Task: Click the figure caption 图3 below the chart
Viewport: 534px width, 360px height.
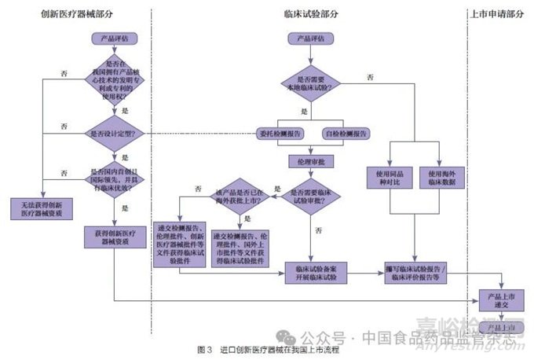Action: coord(268,348)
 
